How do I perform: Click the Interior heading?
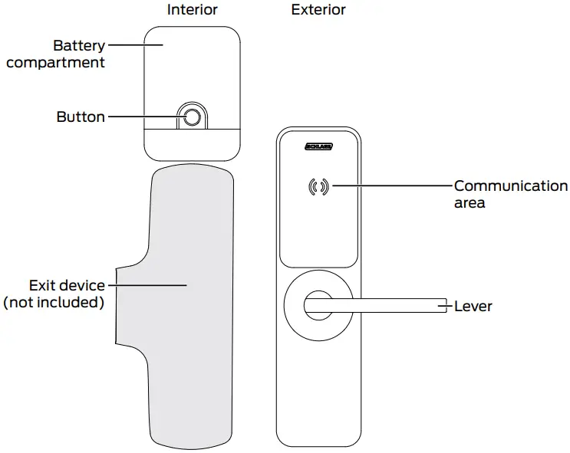(x=192, y=10)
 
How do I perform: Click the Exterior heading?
(x=318, y=10)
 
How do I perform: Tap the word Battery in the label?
(x=78, y=46)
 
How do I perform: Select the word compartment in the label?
(x=55, y=63)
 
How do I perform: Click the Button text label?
(x=81, y=117)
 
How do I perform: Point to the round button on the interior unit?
(x=192, y=117)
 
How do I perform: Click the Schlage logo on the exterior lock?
(x=318, y=146)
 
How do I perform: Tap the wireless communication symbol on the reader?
(x=318, y=186)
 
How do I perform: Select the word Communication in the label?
(x=511, y=186)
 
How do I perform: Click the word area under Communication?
(x=470, y=203)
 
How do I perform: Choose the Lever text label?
(x=473, y=307)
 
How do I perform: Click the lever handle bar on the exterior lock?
(x=384, y=307)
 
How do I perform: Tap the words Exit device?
(x=67, y=285)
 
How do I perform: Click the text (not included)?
(x=54, y=302)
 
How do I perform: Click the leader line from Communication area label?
(x=391, y=186)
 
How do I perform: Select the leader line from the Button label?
(x=142, y=117)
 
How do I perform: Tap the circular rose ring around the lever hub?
(x=292, y=307)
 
